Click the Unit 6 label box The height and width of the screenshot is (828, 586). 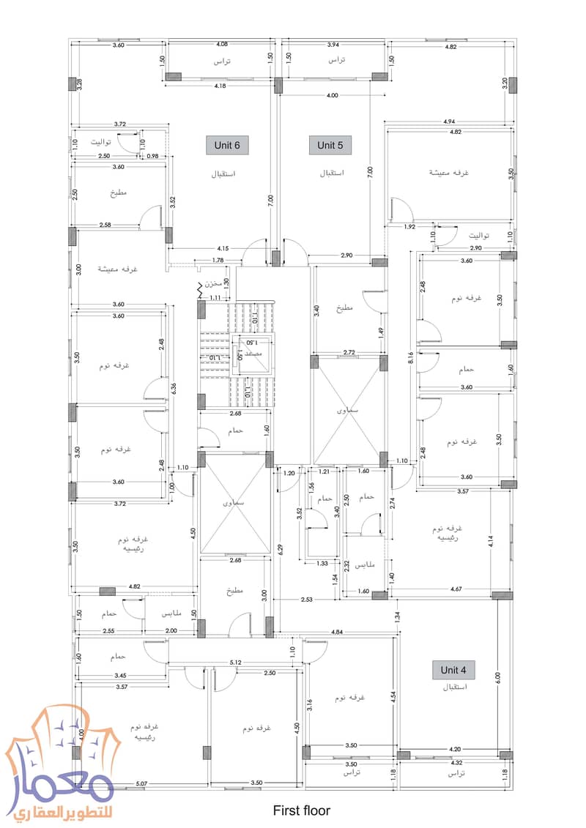[x=227, y=145]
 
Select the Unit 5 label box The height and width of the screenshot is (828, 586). [x=330, y=145]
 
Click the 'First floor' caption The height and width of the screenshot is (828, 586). [x=301, y=810]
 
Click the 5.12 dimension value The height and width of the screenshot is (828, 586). [x=236, y=663]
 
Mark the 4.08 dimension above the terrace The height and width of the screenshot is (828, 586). [x=220, y=44]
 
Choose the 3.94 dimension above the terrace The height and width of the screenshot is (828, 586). [x=334, y=44]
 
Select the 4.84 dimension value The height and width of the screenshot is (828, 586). [x=337, y=631]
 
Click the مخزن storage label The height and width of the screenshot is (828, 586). [x=213, y=281]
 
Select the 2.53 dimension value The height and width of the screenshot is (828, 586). [x=306, y=600]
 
